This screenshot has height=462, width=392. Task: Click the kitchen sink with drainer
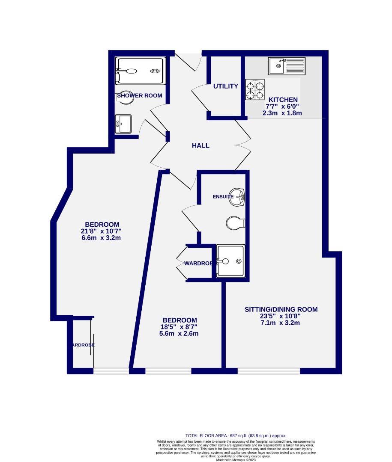coord(287,66)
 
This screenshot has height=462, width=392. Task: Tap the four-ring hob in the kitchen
coord(254,90)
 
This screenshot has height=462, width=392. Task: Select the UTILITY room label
coord(226,86)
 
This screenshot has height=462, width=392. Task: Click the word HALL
coord(200,145)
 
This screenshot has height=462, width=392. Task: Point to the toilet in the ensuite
coord(235,222)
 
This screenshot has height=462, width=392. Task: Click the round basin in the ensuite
coord(236,196)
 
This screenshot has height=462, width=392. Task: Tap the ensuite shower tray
coord(230,260)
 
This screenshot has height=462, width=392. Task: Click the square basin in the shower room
coord(124,124)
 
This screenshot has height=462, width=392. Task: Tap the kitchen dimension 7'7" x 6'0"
coord(283,107)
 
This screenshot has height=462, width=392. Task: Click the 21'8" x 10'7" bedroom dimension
coord(102,231)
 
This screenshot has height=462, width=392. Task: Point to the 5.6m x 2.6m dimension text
coord(180,334)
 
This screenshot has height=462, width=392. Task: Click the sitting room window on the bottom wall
coord(269,370)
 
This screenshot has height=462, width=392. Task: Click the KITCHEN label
coord(283,100)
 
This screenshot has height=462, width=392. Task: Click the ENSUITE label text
coord(223,197)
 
